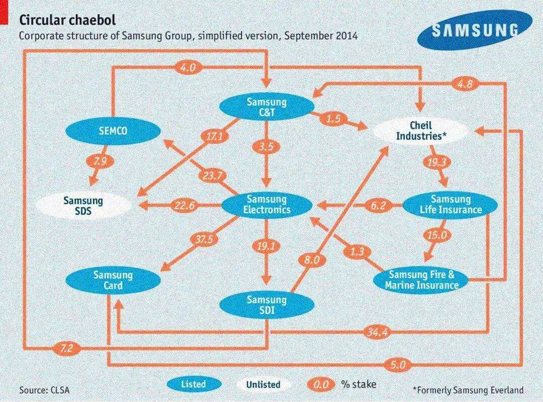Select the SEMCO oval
113,131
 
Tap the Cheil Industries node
421,131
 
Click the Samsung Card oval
113,280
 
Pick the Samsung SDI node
266,305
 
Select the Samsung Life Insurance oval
450,204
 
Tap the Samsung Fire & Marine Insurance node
421,280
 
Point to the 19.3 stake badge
435,162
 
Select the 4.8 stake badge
465,85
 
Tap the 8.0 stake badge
312,260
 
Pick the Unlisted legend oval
263,384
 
